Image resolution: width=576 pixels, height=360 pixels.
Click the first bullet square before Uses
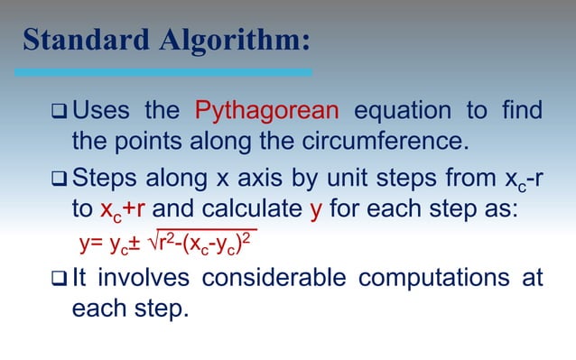[59, 113]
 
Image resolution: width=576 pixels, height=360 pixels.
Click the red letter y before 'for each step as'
[315, 209]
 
